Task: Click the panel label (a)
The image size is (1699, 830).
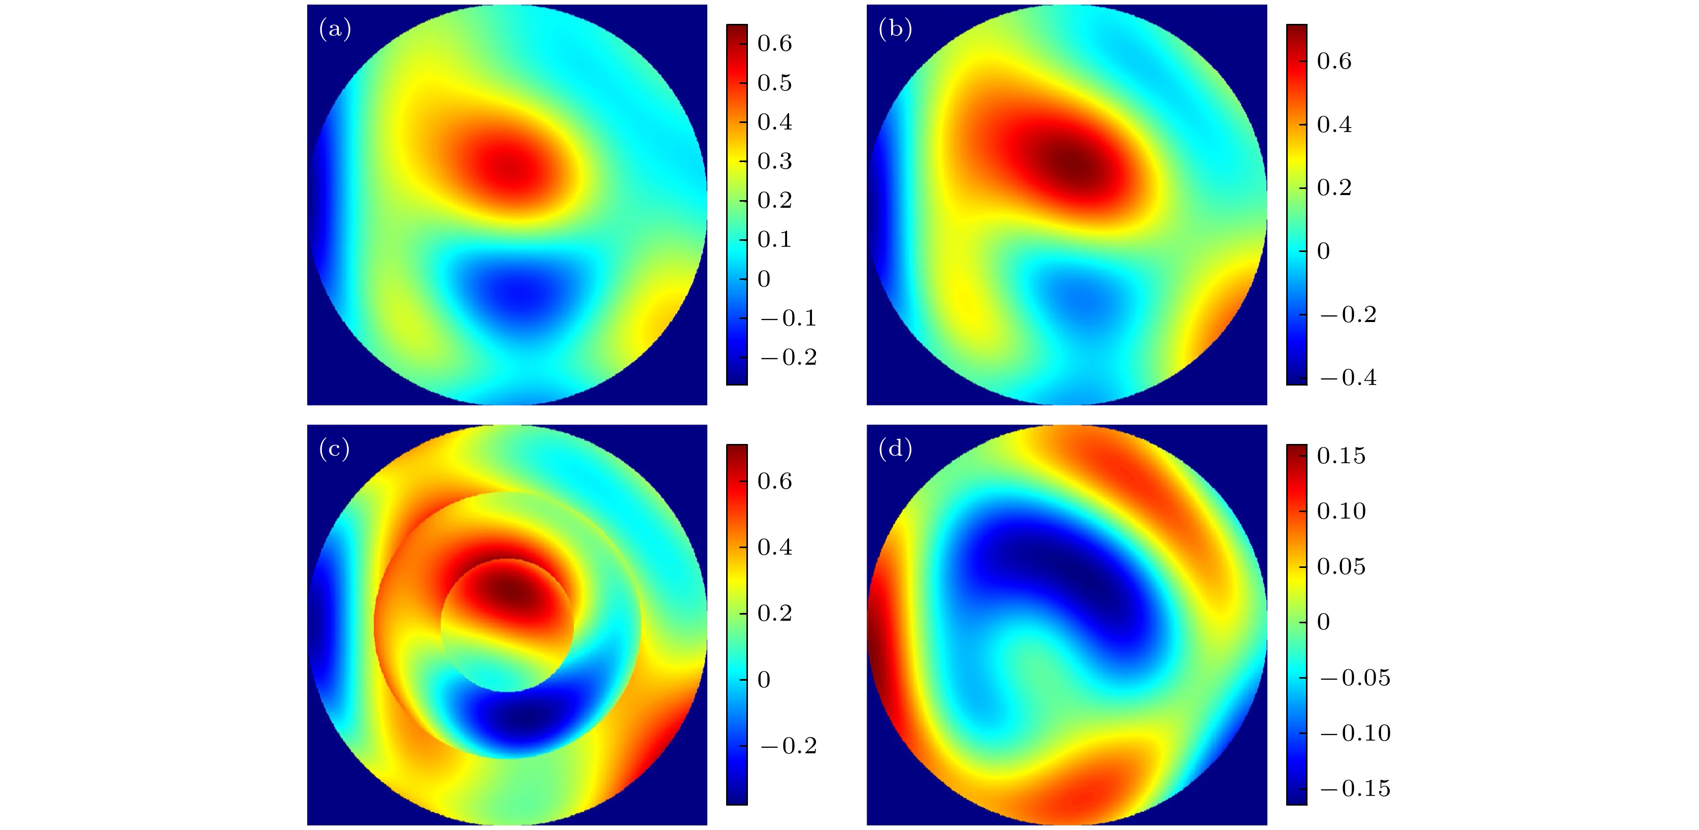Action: click(335, 29)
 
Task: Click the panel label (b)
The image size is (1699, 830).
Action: click(895, 29)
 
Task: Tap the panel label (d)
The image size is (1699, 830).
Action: click(895, 450)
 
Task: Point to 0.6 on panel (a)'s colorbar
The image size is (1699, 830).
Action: click(774, 44)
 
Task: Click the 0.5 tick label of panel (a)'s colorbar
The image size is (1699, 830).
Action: click(774, 83)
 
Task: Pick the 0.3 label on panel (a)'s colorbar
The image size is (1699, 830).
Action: click(774, 162)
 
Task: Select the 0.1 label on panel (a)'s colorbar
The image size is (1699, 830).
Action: click(774, 239)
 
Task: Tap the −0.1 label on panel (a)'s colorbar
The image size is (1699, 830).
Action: click(789, 318)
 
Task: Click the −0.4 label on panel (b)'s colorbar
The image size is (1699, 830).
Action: click(1349, 378)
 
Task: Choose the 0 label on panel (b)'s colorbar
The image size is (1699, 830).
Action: click(1323, 251)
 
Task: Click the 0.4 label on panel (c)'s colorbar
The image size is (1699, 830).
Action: click(774, 547)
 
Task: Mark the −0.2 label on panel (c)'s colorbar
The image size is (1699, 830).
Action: click(789, 746)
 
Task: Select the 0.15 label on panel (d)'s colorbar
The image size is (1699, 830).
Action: click(1341, 456)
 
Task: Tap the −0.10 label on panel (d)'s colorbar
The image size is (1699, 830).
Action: click(1355, 733)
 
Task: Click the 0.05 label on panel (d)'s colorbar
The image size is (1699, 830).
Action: click(1341, 567)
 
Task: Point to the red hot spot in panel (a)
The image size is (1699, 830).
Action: click(508, 168)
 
